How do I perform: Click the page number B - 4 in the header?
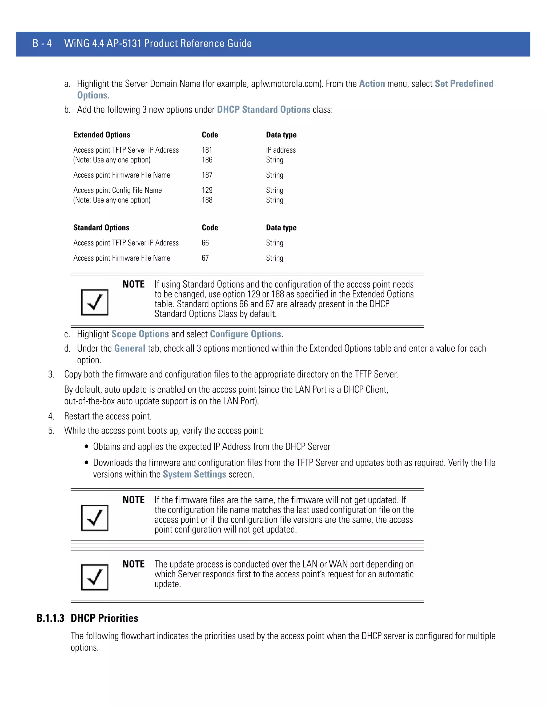(x=42, y=43)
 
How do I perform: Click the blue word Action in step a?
(x=372, y=84)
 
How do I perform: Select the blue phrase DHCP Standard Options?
(x=263, y=109)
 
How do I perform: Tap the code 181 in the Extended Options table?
(x=207, y=150)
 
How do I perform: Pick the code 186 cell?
(x=207, y=160)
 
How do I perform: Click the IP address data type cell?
(x=281, y=150)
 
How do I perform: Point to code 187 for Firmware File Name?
(x=207, y=175)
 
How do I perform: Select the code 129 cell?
(x=207, y=190)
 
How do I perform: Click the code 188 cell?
(x=207, y=200)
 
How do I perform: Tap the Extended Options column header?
(x=102, y=135)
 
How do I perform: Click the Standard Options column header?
(x=101, y=228)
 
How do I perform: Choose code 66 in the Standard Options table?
(x=205, y=243)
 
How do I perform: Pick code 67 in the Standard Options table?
(x=205, y=258)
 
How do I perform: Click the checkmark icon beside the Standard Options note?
(x=95, y=302)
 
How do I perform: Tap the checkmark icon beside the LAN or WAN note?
(x=95, y=577)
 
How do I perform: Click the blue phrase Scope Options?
(x=140, y=334)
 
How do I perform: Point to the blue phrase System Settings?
(x=194, y=474)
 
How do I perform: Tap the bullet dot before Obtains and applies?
(x=86, y=447)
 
